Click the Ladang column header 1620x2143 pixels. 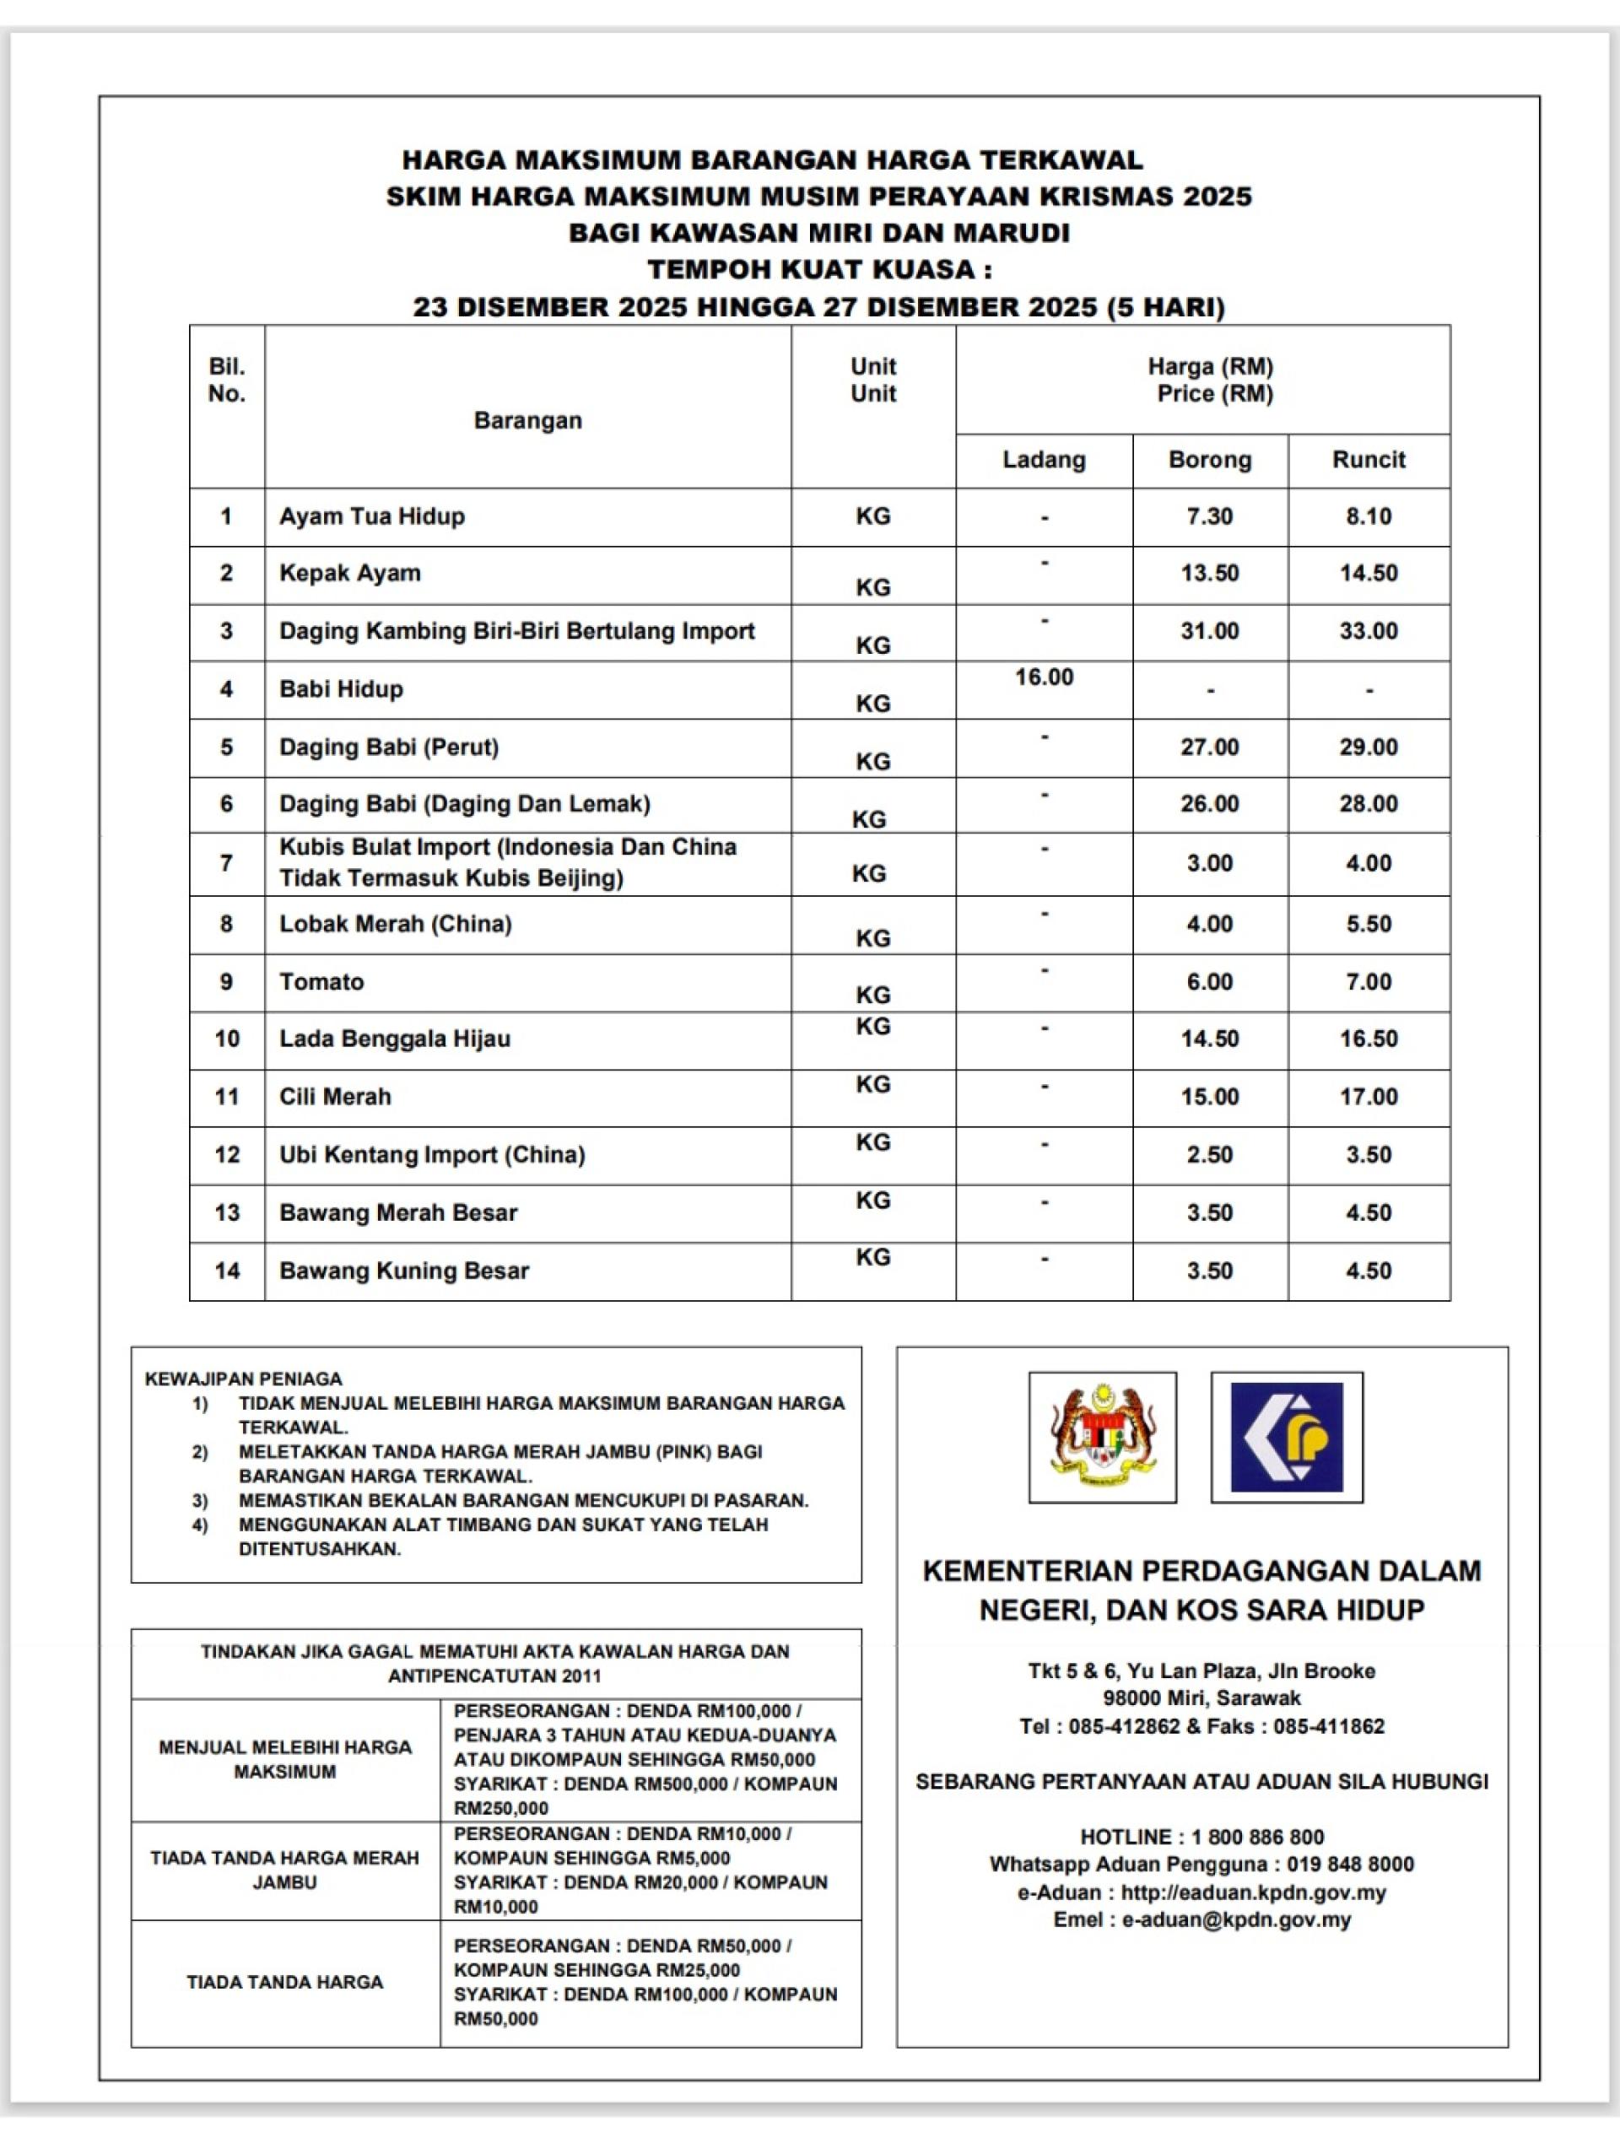click(x=1044, y=459)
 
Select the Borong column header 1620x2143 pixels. click(x=1209, y=459)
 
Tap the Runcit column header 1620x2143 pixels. click(x=1368, y=459)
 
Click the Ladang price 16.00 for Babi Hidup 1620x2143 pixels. click(x=1044, y=677)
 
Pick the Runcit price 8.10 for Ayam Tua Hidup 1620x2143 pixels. click(x=1368, y=516)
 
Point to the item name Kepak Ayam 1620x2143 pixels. click(x=350, y=573)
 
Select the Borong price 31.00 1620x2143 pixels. click(x=1209, y=631)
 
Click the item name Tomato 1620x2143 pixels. click(x=321, y=981)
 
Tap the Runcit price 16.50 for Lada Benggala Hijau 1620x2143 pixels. click(x=1368, y=1039)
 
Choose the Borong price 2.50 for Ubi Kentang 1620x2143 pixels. click(x=1209, y=1154)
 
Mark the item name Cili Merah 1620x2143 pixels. click(x=335, y=1097)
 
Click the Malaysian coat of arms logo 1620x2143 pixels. click(x=1103, y=1437)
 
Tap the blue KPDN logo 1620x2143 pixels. click(x=1287, y=1437)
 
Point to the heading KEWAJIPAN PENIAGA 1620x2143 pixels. click(x=243, y=1379)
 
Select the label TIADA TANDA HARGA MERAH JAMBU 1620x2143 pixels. click(x=285, y=1870)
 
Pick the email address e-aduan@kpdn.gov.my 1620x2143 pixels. click(x=1235, y=1919)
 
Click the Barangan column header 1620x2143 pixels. click(x=527, y=420)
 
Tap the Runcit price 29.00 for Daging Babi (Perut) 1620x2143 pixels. click(x=1368, y=747)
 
